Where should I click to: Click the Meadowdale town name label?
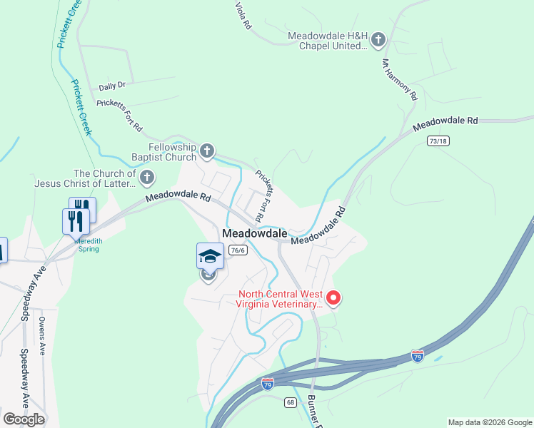click(254, 233)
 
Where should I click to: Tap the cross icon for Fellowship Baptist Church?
click(207, 150)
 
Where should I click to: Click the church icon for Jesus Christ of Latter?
click(146, 176)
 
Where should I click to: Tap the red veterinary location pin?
click(333, 297)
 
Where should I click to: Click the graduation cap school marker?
click(209, 256)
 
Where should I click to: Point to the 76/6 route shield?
click(238, 250)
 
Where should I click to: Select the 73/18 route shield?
click(438, 141)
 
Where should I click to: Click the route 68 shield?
click(290, 402)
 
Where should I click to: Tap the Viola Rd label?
click(243, 15)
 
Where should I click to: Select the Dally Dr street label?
click(112, 86)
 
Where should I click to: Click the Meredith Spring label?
click(89, 245)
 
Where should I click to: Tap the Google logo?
click(24, 419)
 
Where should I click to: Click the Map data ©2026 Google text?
click(489, 422)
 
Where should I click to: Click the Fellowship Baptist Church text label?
click(164, 152)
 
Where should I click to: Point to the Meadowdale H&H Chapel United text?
click(327, 41)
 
